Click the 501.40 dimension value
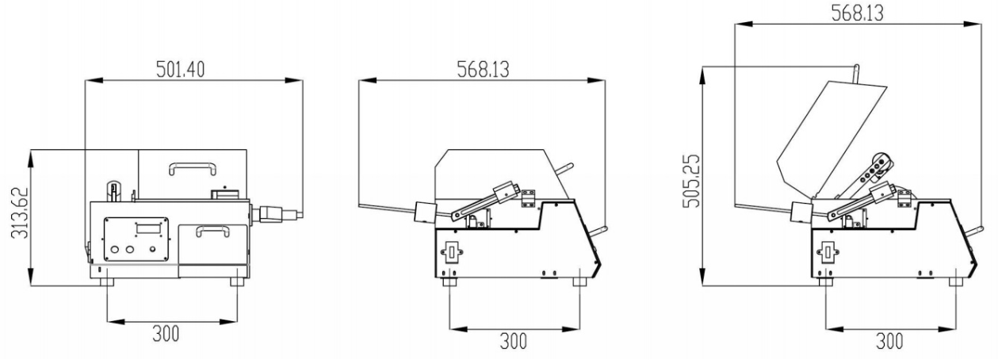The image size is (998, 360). [180, 70]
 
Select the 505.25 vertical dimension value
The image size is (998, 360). [691, 181]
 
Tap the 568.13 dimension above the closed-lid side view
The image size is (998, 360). [483, 70]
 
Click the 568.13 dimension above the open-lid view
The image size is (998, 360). [857, 13]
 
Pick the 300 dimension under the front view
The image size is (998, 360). [166, 333]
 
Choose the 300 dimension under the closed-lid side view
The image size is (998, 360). [513, 341]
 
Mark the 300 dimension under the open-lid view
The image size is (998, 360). [889, 341]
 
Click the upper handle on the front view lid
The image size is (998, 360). [193, 168]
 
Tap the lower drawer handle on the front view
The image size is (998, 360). [212, 230]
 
